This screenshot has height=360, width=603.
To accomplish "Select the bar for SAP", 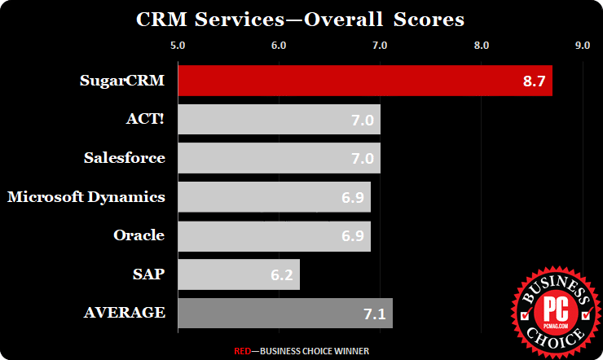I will click(238, 274).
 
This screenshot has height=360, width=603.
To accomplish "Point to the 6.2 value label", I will click(283, 275).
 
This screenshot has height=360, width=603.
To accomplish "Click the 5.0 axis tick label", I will click(178, 45).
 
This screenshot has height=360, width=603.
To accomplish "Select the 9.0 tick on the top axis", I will click(582, 45).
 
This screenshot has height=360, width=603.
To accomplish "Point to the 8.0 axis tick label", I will click(481, 45).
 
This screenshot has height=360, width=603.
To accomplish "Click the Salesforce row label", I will click(125, 157).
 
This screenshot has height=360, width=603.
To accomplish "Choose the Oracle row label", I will click(139, 235).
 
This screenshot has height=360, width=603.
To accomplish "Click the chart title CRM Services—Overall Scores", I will click(301, 18).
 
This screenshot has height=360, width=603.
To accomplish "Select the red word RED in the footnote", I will click(242, 351).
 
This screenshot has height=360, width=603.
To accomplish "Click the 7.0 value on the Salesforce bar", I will click(363, 159).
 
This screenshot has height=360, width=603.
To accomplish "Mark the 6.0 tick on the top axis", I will click(279, 45).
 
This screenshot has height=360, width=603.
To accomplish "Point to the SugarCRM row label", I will click(122, 81).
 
